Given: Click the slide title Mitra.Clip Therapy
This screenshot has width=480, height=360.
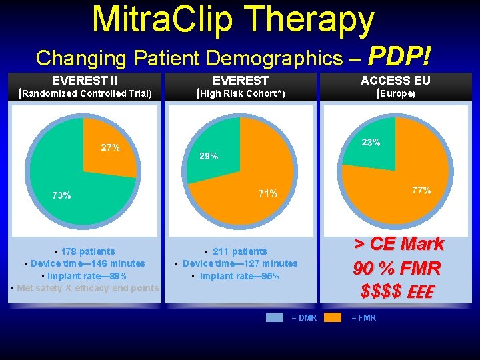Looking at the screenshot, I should [x=233, y=20].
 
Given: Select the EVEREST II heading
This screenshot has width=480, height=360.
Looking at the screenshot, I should [x=85, y=81].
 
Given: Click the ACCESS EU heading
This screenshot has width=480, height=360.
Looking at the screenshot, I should [x=395, y=81].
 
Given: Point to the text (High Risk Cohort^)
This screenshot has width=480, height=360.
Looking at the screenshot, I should [x=241, y=93].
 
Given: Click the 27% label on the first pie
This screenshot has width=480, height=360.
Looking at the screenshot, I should [x=110, y=148].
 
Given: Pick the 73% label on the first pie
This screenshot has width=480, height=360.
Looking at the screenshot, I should [x=61, y=196].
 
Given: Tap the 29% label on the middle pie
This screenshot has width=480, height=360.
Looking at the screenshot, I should [x=209, y=157].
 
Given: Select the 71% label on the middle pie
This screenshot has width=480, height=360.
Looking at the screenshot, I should [x=268, y=193].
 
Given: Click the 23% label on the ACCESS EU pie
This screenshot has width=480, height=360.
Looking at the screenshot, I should [x=371, y=143].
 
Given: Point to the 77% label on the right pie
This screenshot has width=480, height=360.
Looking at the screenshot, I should [x=421, y=191].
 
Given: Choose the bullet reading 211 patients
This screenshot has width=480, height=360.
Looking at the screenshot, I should [x=239, y=251].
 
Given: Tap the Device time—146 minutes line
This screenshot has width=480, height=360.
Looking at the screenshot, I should [x=85, y=263].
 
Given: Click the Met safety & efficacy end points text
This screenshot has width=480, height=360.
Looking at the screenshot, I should [x=86, y=288].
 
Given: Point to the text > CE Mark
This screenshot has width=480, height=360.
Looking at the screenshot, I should [x=398, y=244].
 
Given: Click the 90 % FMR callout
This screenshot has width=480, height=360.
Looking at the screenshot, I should [x=397, y=268].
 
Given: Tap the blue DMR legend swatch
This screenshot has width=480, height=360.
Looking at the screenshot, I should [x=274, y=317].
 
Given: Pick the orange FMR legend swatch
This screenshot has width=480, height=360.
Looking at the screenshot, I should [x=333, y=317].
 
